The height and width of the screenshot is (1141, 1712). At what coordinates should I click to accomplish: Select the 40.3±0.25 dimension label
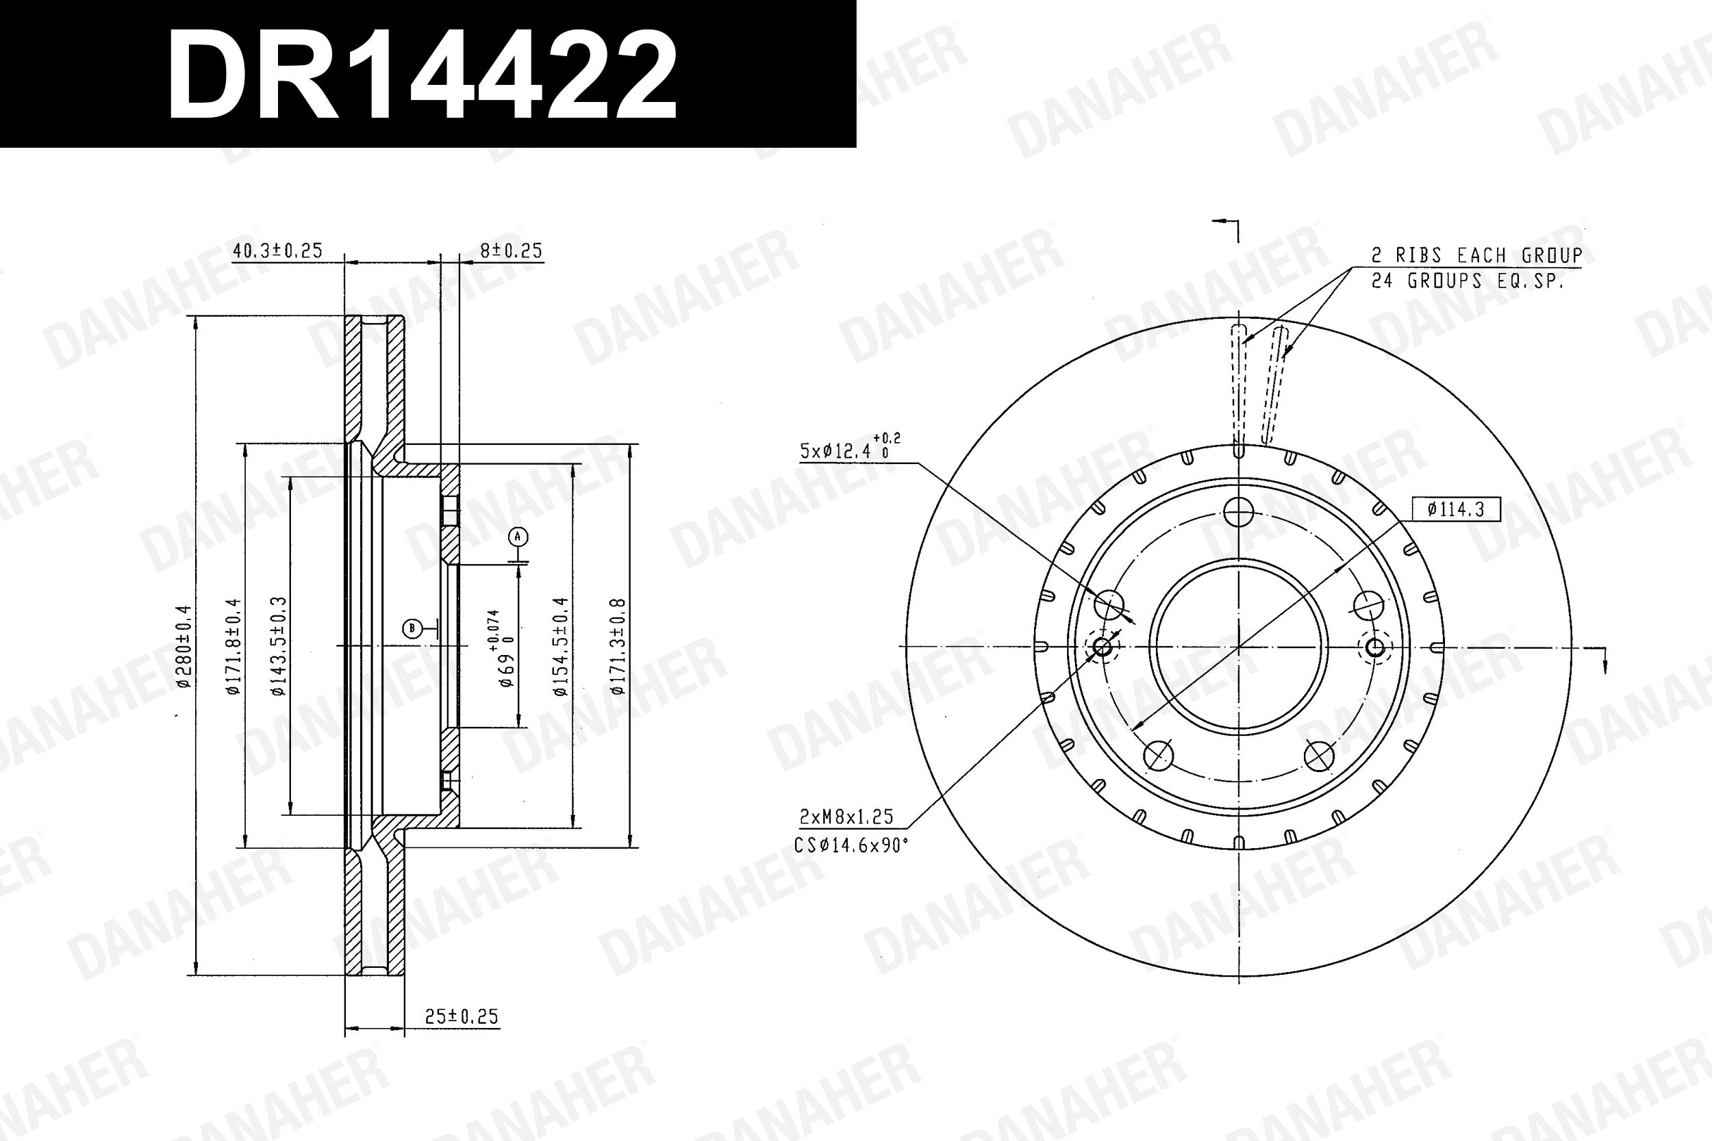(277, 251)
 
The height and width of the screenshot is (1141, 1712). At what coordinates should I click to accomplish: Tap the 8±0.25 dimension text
(511, 251)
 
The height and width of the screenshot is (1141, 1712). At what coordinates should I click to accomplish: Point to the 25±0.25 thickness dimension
(462, 1016)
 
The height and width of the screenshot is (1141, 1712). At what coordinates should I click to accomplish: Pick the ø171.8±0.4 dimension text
(232, 647)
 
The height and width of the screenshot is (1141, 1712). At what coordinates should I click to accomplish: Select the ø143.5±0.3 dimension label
(278, 647)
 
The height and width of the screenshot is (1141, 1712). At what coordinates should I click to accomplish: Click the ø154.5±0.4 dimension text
(559, 647)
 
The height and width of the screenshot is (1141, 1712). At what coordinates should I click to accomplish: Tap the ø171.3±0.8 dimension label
(618, 647)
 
